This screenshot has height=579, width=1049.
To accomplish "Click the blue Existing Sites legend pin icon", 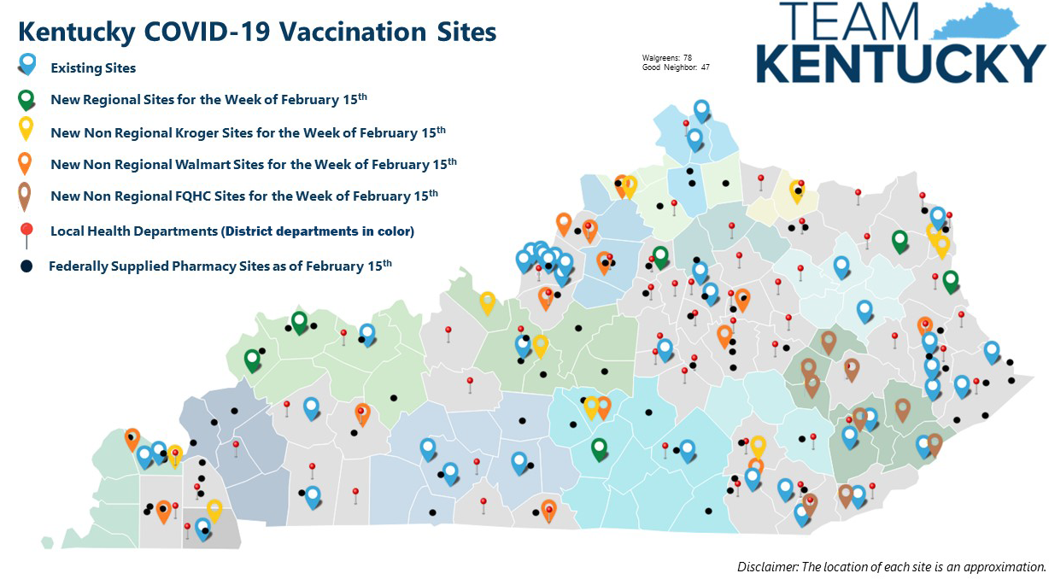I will point(28,65).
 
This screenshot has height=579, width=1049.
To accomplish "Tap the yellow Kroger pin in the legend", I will point(27,129).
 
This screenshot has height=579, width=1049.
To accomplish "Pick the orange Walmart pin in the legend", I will point(26,162).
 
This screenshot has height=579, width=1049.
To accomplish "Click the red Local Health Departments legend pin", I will point(27,231).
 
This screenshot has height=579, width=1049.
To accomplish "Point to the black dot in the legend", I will point(26,266).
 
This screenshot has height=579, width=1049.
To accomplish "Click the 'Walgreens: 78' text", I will point(666,57).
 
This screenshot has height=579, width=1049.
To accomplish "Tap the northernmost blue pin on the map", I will point(701,109).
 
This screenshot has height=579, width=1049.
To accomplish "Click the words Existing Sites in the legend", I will point(93,67).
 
